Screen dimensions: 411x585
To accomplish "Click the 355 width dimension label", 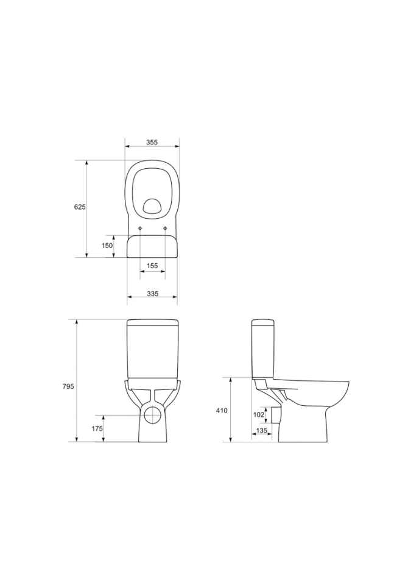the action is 152,142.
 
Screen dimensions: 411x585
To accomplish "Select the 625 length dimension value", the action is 80,207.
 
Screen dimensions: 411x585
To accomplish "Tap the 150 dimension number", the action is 107,246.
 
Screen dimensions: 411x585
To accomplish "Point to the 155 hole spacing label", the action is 152,266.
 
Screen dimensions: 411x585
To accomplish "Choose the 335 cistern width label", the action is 152,294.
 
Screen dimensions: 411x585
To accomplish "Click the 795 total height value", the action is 68,386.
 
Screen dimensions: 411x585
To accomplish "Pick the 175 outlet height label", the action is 97,428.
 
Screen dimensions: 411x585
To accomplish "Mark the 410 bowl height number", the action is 222,411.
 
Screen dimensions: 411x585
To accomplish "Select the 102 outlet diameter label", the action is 258,414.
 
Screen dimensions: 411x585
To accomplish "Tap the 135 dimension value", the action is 262,431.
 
